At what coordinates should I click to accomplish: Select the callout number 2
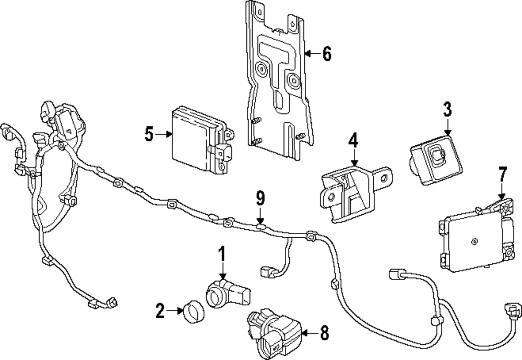click(160, 312)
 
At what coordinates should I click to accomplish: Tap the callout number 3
click(447, 110)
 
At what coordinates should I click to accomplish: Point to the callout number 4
click(354, 141)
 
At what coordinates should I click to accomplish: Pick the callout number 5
click(150, 134)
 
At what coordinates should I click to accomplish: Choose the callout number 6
click(326, 53)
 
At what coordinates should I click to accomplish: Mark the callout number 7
click(502, 175)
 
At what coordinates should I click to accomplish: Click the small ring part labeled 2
click(191, 312)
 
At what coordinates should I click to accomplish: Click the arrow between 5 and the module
click(165, 134)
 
